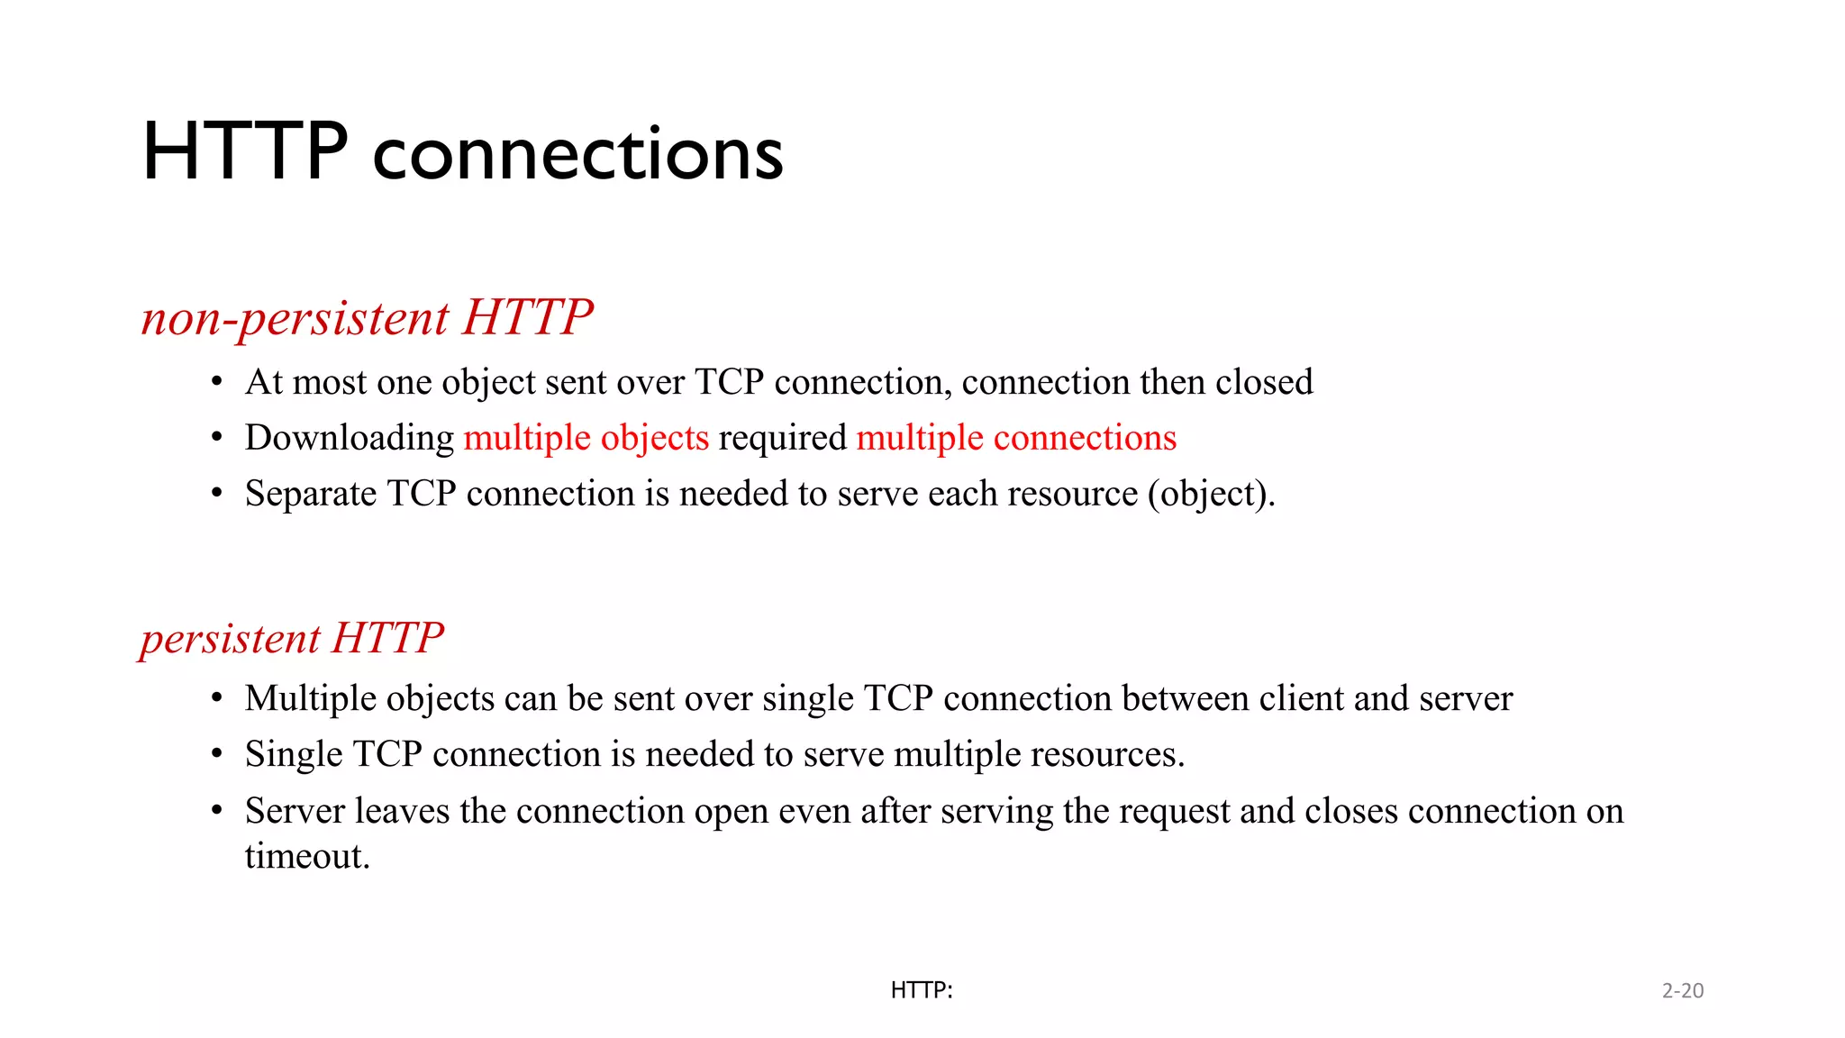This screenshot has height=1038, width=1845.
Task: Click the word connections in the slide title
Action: [577, 153]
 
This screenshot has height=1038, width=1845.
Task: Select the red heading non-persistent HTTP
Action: [367, 318]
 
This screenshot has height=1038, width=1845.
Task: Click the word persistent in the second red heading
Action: [230, 639]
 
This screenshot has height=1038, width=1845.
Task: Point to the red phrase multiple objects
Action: [586, 438]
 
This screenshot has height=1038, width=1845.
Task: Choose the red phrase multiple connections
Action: [1016, 438]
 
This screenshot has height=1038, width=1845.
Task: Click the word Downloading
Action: [350, 439]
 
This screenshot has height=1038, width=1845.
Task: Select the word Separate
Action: [311, 494]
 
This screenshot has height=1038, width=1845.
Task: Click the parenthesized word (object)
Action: [1211, 495]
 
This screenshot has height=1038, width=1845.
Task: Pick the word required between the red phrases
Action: [783, 439]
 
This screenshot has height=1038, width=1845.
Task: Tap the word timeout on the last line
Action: [306, 856]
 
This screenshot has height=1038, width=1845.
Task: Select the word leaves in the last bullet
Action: [402, 811]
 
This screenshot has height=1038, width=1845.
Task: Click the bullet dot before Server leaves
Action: [216, 811]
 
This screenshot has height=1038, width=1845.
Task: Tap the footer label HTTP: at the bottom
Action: [922, 990]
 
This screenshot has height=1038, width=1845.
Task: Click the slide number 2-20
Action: [1683, 990]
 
